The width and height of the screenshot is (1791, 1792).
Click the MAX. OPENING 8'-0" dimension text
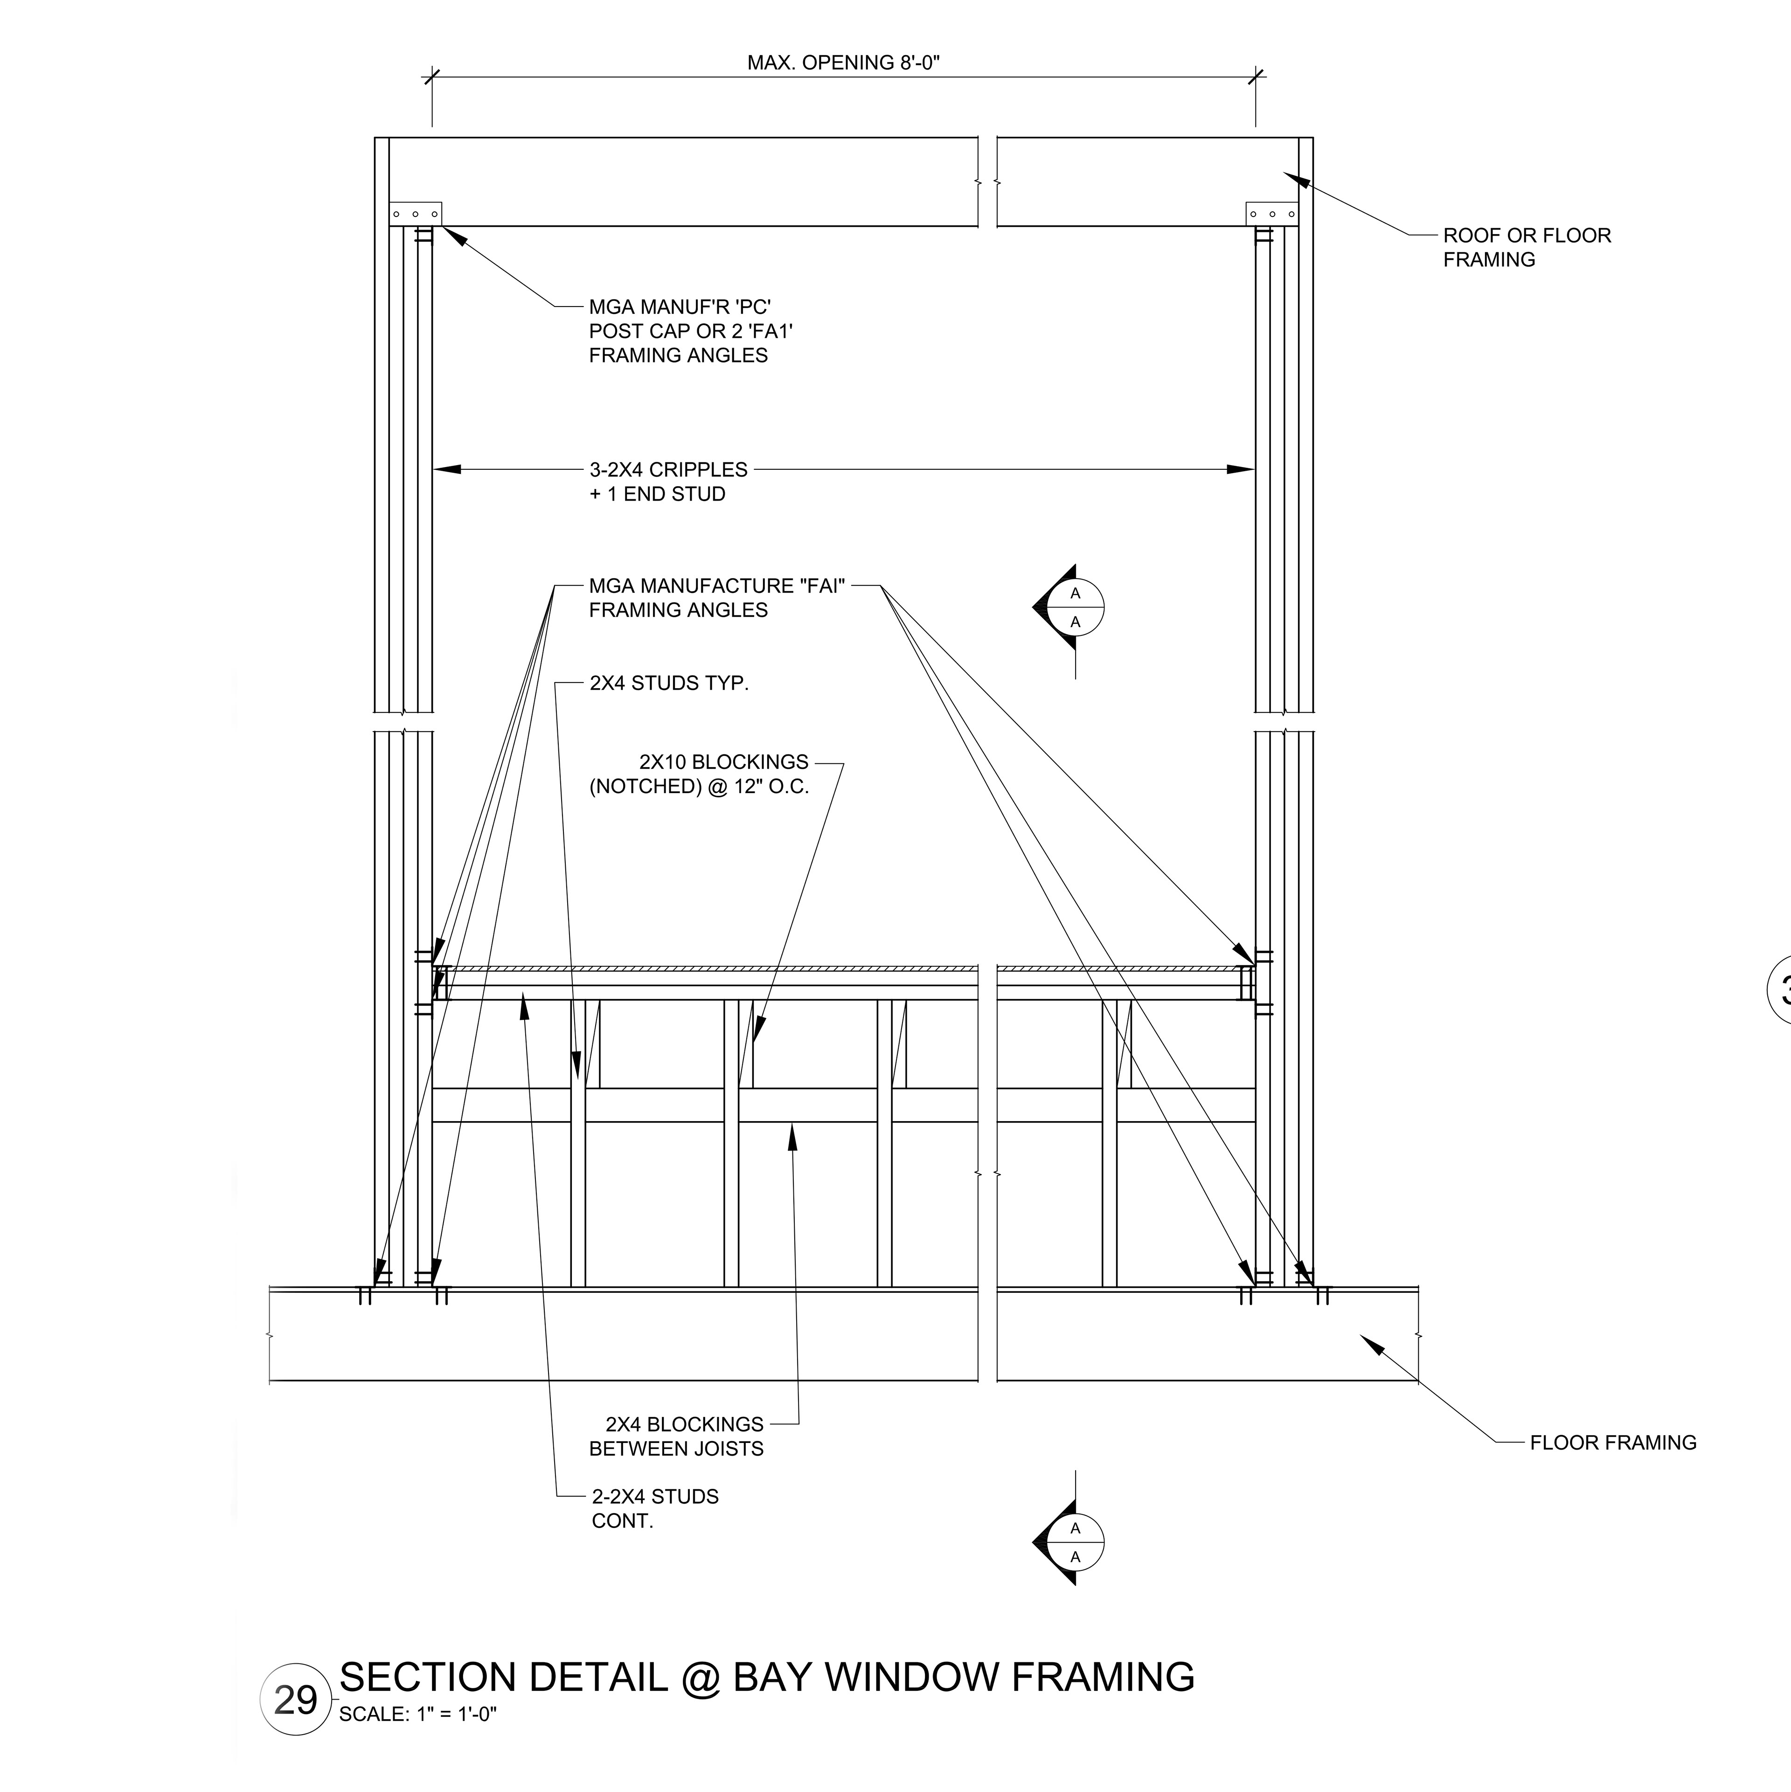pos(843,63)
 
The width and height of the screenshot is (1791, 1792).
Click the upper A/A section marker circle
pos(1076,607)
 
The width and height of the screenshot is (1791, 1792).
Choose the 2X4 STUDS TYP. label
pos(669,683)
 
